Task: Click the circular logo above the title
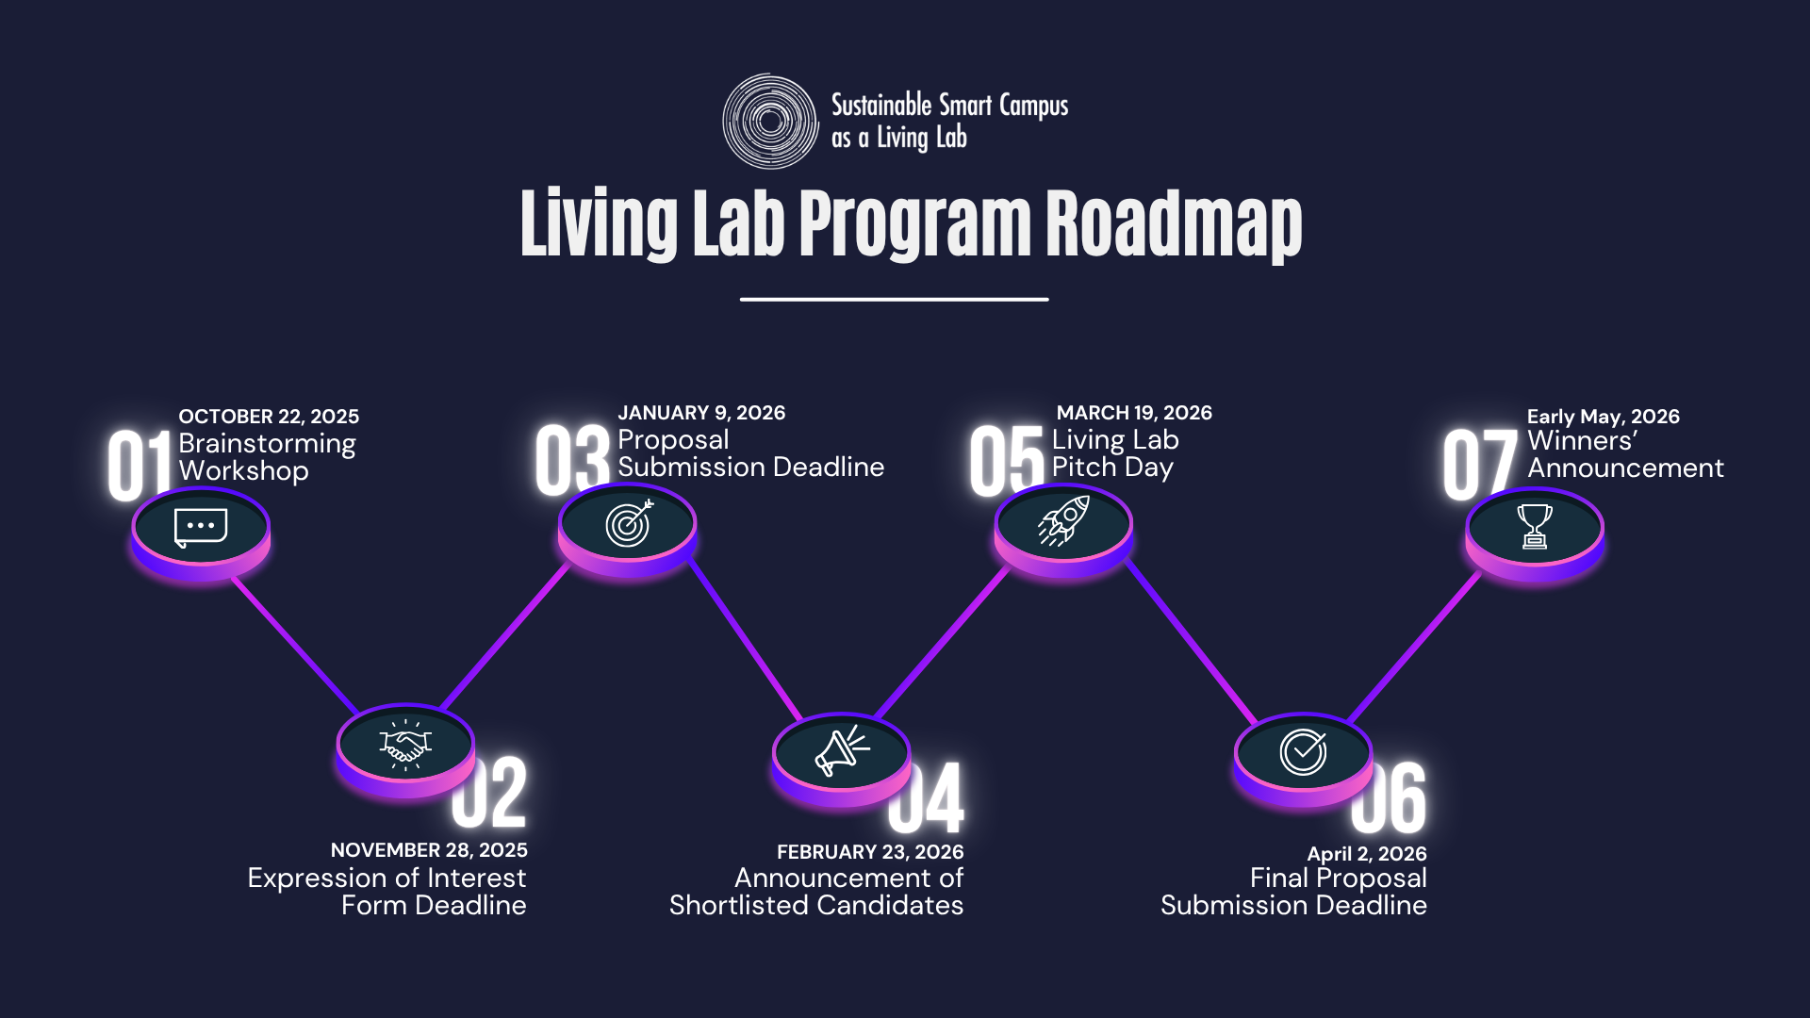click(770, 122)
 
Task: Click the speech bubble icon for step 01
click(201, 527)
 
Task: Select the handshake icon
click(405, 744)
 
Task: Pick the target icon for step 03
click(629, 523)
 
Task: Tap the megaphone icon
click(841, 751)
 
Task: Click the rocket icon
click(1063, 521)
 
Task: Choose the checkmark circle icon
click(1303, 752)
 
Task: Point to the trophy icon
click(1534, 526)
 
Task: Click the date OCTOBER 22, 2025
click(269, 417)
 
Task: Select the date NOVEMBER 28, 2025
click(429, 850)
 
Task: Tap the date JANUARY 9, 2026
click(701, 413)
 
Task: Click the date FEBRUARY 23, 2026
click(870, 852)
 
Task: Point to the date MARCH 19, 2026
click(1134, 413)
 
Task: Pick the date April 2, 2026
click(1366, 854)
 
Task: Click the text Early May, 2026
click(1603, 417)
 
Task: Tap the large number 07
click(1478, 464)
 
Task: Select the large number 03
click(572, 459)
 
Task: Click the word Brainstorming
click(267, 444)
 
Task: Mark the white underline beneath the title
click(894, 300)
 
